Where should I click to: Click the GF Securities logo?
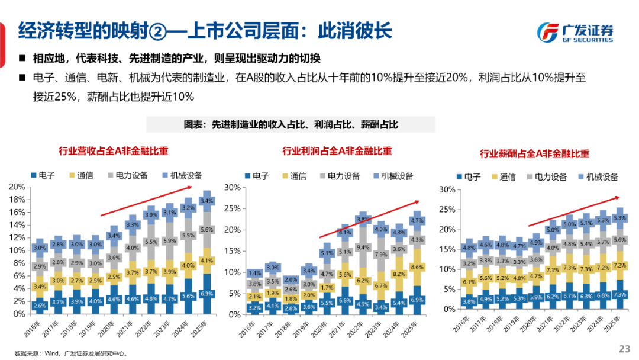tap(574, 33)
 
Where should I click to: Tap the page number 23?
tap(624, 348)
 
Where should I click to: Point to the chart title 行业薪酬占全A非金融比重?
tap(534, 153)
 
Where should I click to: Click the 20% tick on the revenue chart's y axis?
tap(17, 187)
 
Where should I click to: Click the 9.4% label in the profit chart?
tap(364, 247)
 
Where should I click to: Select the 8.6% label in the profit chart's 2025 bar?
tap(417, 268)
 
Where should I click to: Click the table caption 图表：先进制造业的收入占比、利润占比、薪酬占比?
tap(291, 124)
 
